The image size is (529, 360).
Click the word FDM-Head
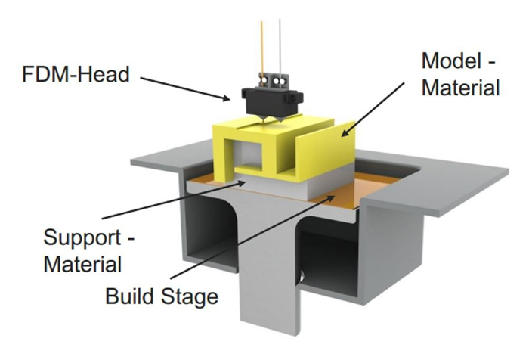76,74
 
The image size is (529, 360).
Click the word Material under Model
460,88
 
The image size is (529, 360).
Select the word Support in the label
82,238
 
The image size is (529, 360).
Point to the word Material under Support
82,264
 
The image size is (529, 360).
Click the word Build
130,296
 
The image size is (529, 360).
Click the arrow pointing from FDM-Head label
185,88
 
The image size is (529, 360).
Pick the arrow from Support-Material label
174,200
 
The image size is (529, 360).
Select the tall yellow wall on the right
326,148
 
